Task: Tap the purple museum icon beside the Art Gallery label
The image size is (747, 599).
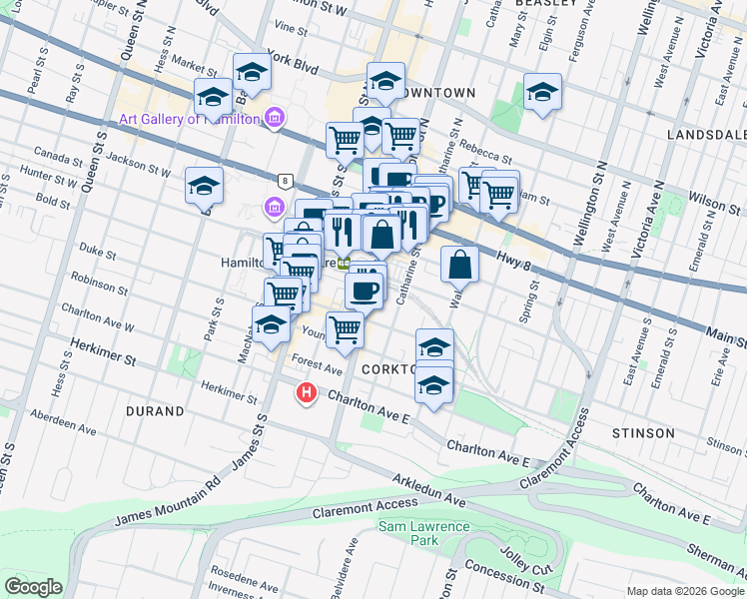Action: click(274, 120)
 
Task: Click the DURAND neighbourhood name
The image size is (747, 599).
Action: click(155, 410)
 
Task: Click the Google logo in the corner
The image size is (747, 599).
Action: click(33, 587)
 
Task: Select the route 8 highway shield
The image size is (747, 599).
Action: click(286, 181)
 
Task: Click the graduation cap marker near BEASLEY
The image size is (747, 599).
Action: click(541, 93)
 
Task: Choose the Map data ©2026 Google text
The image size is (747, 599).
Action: click(684, 591)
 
